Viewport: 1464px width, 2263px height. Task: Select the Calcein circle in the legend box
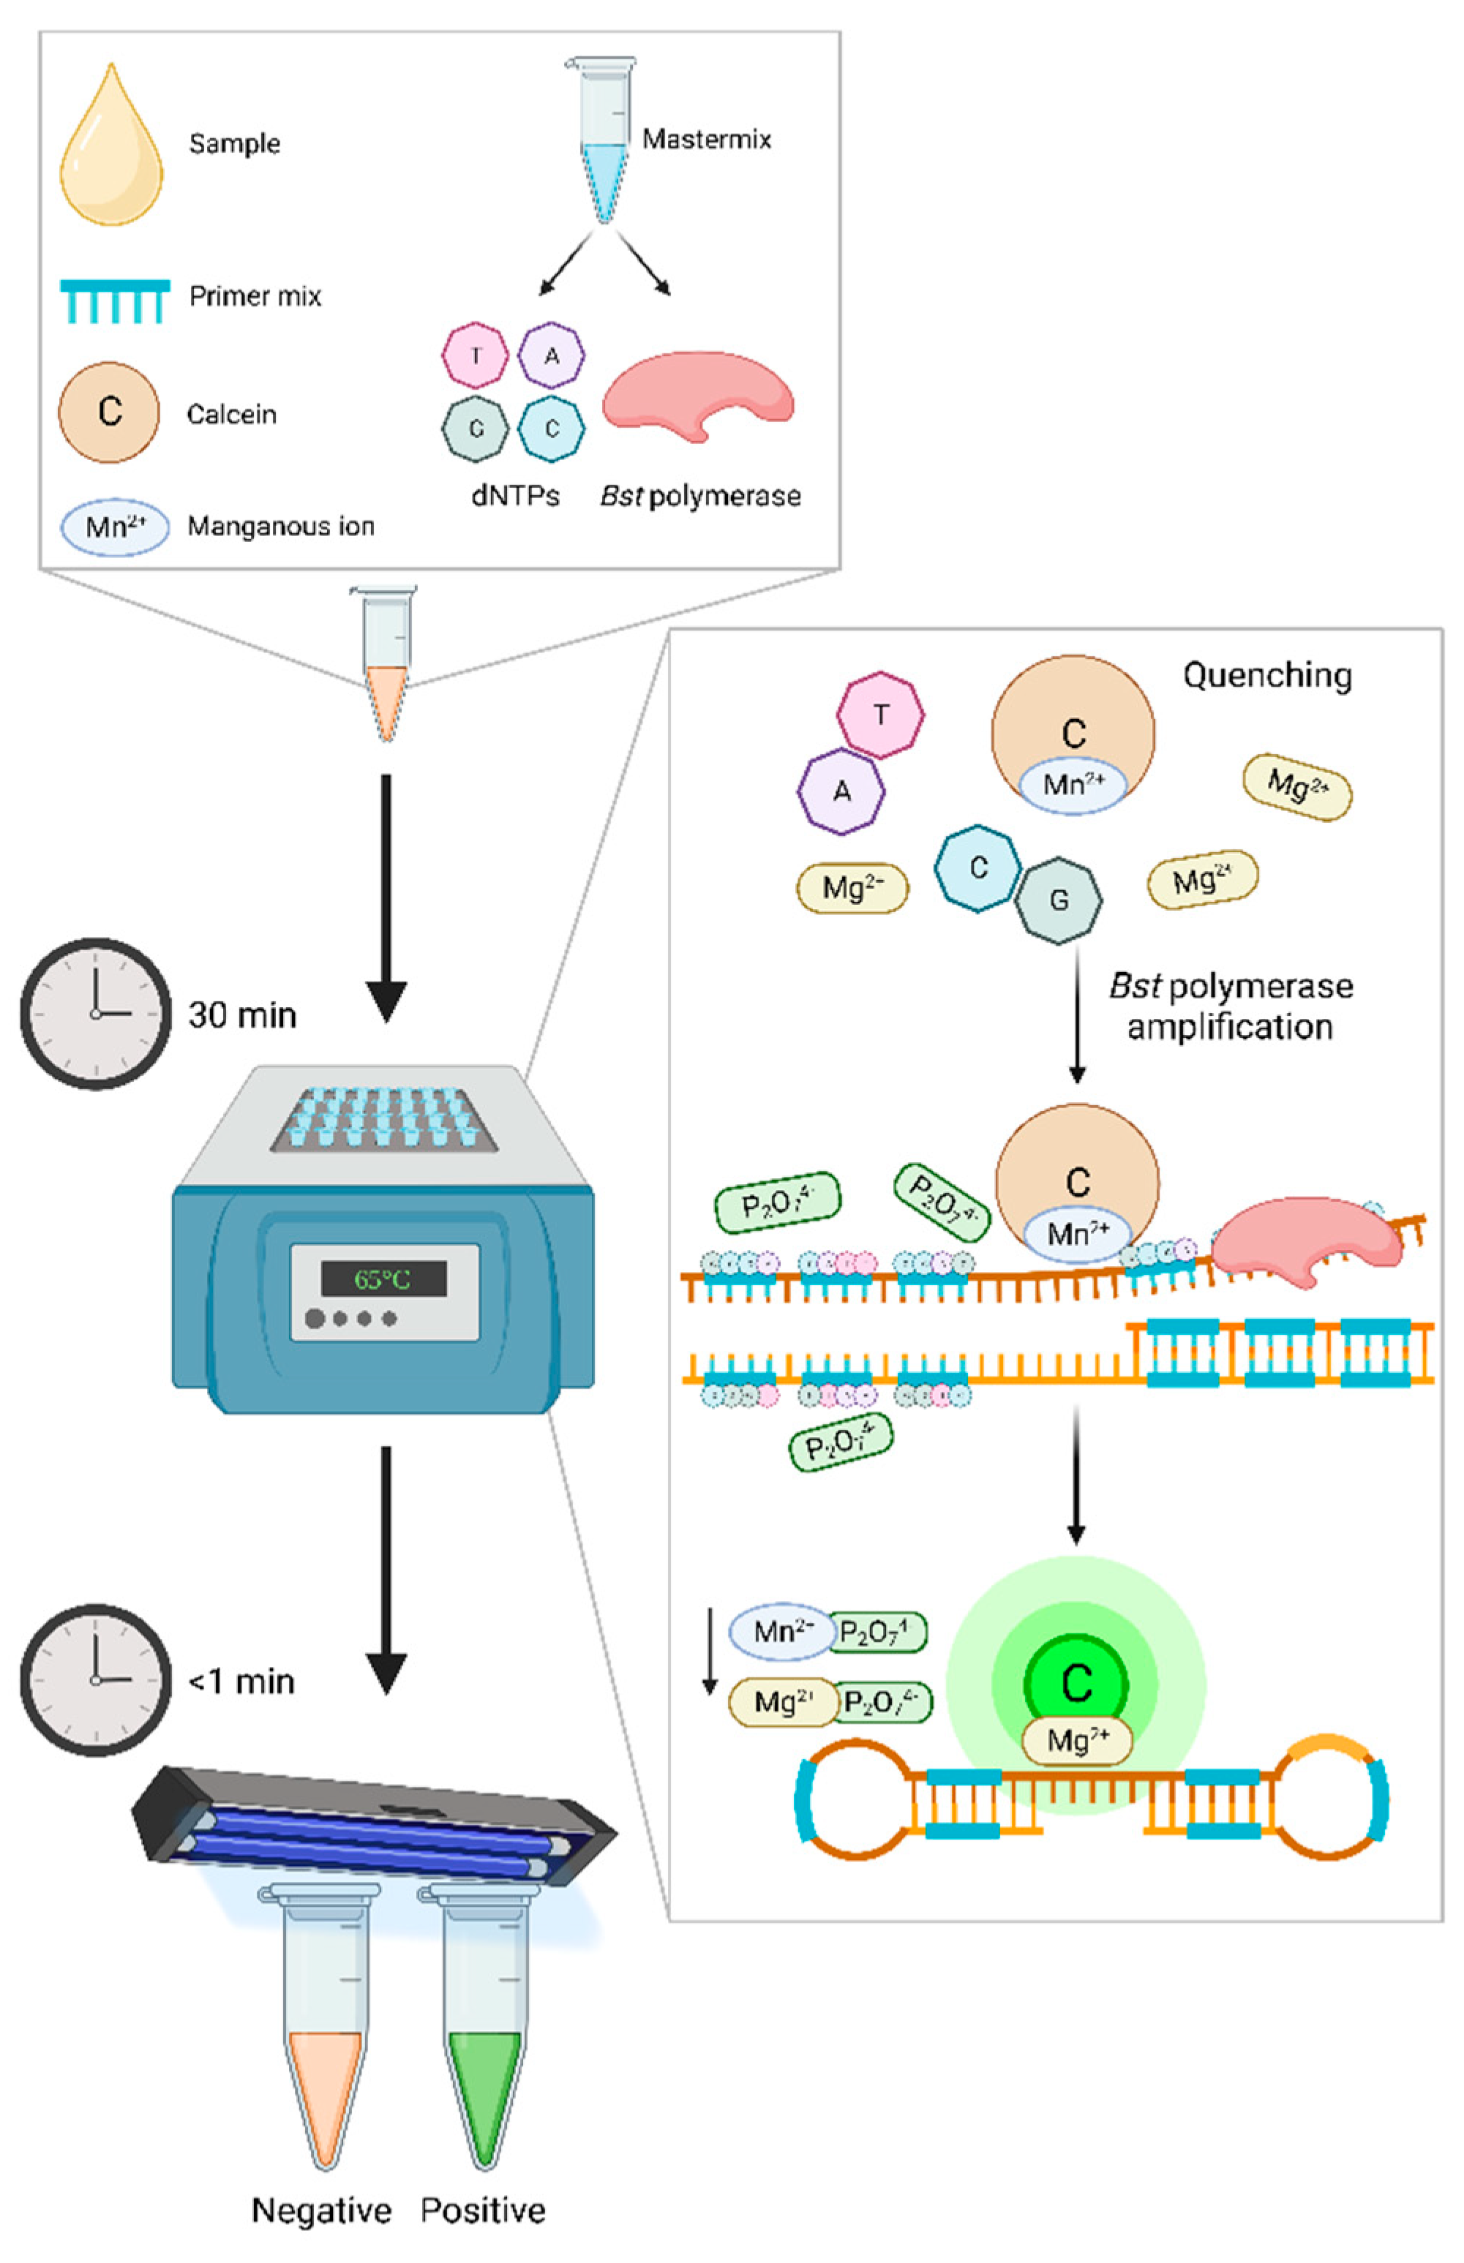109,412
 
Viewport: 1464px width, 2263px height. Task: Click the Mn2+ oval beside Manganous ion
115,526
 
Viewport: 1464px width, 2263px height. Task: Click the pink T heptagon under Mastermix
476,355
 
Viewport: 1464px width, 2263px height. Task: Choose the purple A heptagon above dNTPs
552,355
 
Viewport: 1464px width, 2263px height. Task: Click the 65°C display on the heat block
383,1279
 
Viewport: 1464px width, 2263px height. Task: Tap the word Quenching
1266,675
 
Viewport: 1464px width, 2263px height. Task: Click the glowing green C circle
1076,1683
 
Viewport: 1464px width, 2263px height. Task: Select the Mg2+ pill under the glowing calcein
1076,1742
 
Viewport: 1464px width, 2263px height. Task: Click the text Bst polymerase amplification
1231,1006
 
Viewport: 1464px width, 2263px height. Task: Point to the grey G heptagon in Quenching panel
1058,900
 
